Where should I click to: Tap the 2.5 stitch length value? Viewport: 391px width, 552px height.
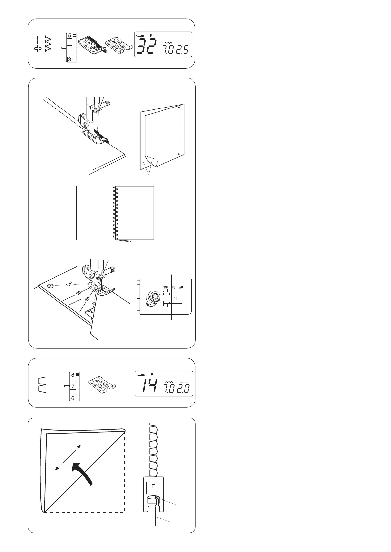(x=182, y=50)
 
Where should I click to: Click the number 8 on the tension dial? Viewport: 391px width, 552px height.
(x=73, y=375)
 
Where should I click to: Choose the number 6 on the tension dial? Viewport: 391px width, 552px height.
(x=73, y=398)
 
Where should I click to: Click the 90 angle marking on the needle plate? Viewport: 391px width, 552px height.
(x=78, y=293)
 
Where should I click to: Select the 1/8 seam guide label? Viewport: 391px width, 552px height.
(x=165, y=287)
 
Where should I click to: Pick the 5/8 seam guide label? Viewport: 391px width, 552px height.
(x=181, y=287)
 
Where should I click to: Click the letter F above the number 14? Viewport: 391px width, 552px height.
(x=152, y=374)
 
